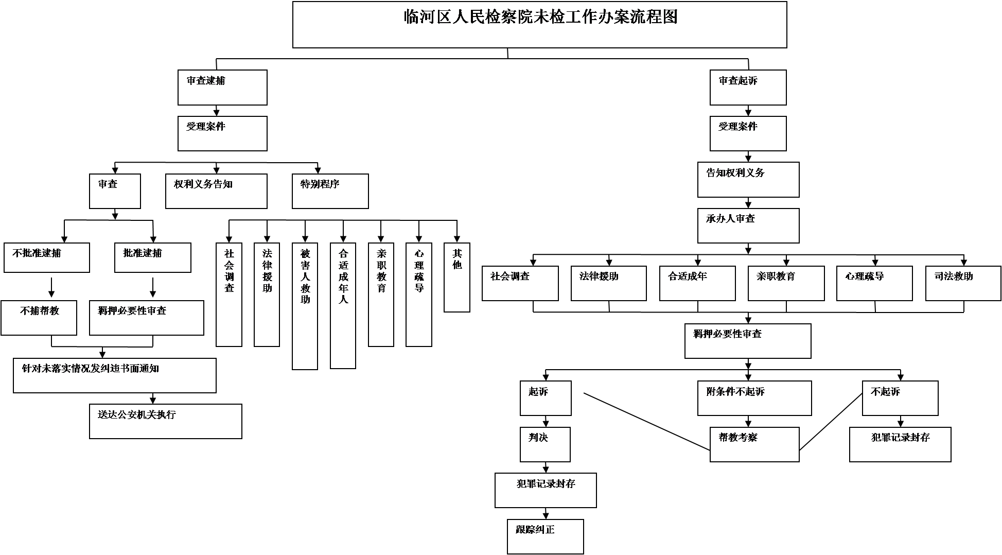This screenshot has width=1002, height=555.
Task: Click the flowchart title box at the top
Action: click(539, 25)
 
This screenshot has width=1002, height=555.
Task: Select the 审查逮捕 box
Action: click(222, 88)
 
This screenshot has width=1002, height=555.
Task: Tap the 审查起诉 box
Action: click(748, 88)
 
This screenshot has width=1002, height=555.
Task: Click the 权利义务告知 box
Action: click(216, 191)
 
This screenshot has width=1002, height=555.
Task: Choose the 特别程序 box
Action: click(330, 191)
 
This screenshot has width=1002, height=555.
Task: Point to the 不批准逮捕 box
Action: click(47, 257)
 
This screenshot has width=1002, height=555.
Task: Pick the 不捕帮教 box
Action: click(39, 318)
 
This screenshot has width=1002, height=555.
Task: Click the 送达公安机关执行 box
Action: click(166, 421)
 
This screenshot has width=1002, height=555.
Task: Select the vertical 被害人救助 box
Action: click(305, 306)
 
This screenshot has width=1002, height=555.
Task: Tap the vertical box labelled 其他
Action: click(457, 277)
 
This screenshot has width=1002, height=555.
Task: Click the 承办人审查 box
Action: click(748, 226)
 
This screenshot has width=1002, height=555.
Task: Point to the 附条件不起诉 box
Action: click(754, 398)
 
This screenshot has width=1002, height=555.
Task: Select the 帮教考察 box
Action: click(754, 444)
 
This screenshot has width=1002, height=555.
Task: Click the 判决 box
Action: click(546, 444)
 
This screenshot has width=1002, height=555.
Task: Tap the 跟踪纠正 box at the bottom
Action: click(546, 536)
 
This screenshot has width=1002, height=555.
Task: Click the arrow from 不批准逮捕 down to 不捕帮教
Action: click(51, 288)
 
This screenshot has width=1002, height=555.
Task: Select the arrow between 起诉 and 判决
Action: click(546, 421)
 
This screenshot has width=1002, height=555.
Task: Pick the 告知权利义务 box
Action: click(748, 180)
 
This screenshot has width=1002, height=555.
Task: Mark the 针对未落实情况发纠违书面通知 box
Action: click(115, 376)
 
